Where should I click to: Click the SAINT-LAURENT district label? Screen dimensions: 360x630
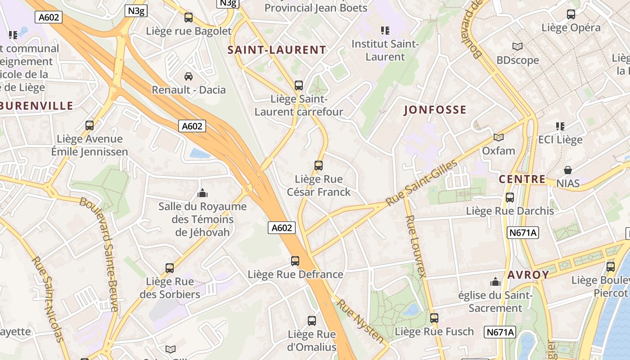point(277,50)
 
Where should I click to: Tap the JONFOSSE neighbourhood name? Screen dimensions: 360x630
point(435,110)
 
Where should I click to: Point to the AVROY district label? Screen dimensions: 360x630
point(529,274)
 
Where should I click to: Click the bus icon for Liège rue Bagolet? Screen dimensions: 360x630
point(189,18)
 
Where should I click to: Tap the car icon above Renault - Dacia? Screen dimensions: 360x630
point(189,76)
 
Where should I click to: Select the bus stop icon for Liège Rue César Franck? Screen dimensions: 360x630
point(319,166)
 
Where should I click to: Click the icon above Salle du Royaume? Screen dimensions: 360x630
point(202,193)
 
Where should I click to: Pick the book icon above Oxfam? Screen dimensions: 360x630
point(498,137)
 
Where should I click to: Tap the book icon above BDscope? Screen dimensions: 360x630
point(517,46)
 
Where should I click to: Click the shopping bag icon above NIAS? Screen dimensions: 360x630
point(568,170)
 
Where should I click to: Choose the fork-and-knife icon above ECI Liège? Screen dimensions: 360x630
point(560,126)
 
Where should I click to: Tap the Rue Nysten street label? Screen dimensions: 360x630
point(361,321)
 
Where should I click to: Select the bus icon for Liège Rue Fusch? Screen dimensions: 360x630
point(434,318)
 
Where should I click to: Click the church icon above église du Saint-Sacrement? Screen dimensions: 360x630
point(495,282)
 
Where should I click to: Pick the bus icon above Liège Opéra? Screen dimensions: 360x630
point(571,14)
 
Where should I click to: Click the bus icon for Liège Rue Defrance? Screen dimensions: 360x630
point(295,261)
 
